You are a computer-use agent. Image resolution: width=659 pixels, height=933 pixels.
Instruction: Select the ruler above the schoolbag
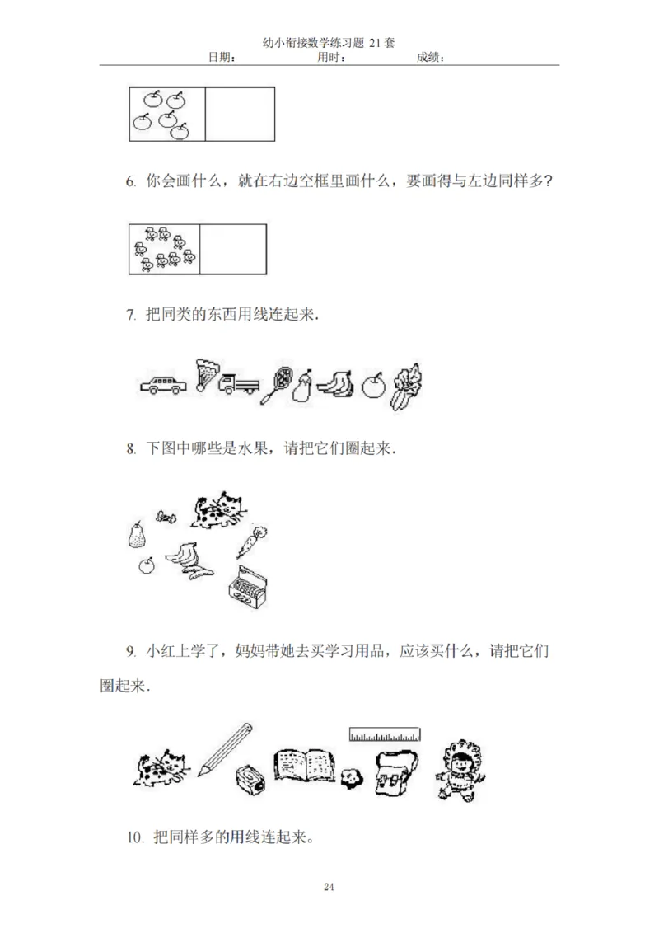[x=385, y=733]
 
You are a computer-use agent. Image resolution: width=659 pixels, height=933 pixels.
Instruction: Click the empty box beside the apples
[x=239, y=115]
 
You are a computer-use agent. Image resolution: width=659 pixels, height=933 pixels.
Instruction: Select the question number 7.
[x=130, y=315]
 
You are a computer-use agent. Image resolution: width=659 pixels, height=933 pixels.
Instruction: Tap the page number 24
[x=329, y=887]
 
